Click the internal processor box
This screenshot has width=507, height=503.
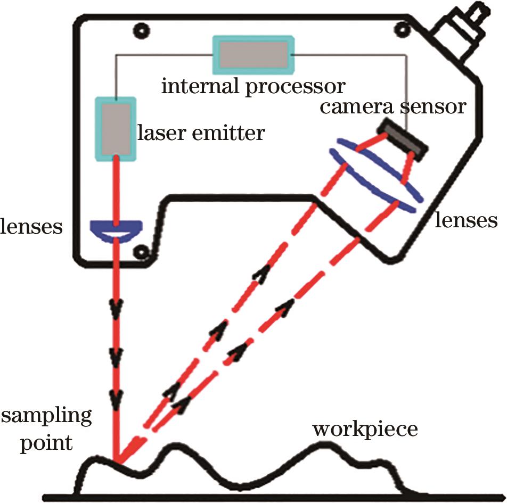coord(253,55)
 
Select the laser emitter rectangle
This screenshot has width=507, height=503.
coord(115,128)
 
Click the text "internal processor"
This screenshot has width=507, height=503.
coord(253,86)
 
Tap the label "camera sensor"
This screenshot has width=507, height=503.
coord(392,107)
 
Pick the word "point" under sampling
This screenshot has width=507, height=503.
coord(46,442)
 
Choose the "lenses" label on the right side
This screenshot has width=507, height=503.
coord(466,219)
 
